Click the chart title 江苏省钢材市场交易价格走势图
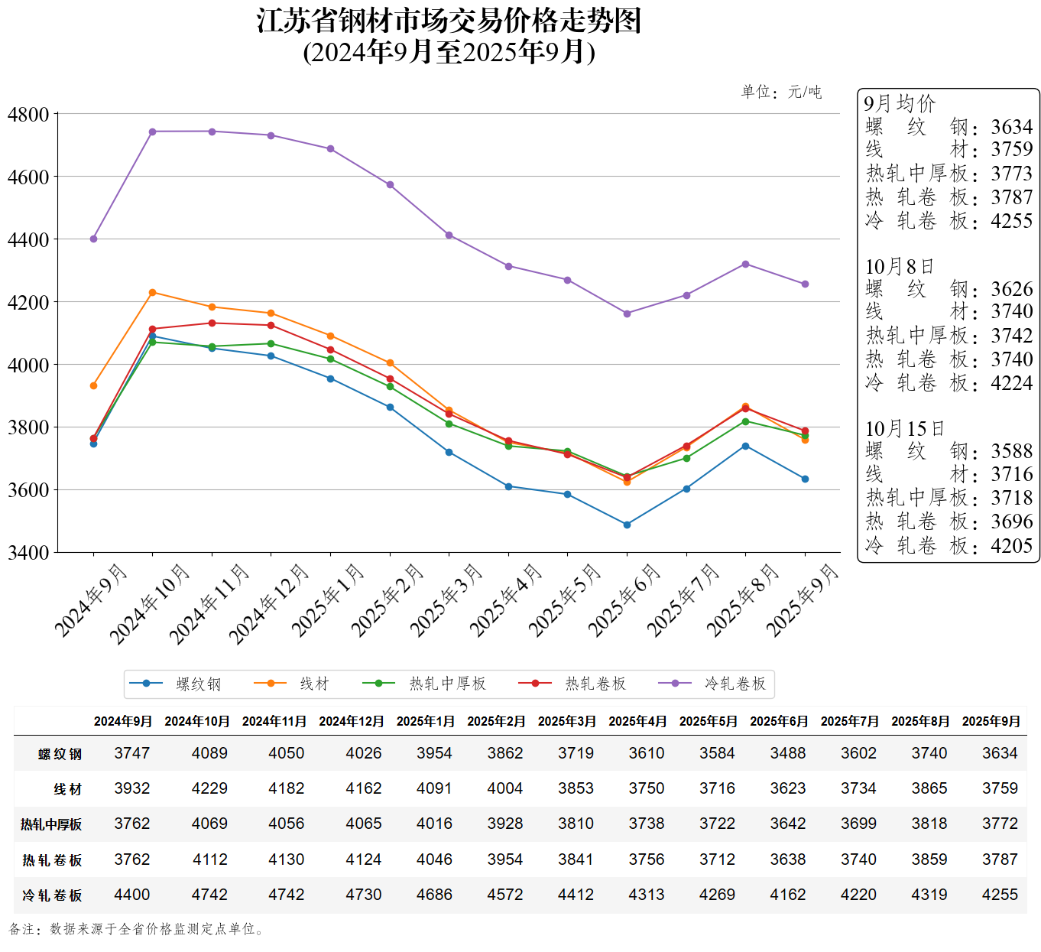click(x=449, y=21)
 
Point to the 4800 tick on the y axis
click(x=28, y=115)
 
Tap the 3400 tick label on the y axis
click(x=28, y=552)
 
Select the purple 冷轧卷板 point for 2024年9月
click(x=93, y=239)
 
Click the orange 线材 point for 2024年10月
click(x=153, y=293)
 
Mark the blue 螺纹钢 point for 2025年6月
click(x=627, y=525)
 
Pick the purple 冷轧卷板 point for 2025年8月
click(x=745, y=265)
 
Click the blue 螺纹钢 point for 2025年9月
click(x=805, y=479)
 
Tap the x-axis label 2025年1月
click(x=329, y=600)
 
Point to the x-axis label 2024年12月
click(x=269, y=604)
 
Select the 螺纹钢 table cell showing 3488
click(x=788, y=753)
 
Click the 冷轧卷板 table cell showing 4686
click(x=434, y=895)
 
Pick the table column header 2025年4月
click(x=637, y=721)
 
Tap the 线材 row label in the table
click(x=67, y=789)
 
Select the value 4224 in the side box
click(x=1011, y=383)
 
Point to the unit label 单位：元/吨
click(x=781, y=93)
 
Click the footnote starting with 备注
click(x=138, y=929)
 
